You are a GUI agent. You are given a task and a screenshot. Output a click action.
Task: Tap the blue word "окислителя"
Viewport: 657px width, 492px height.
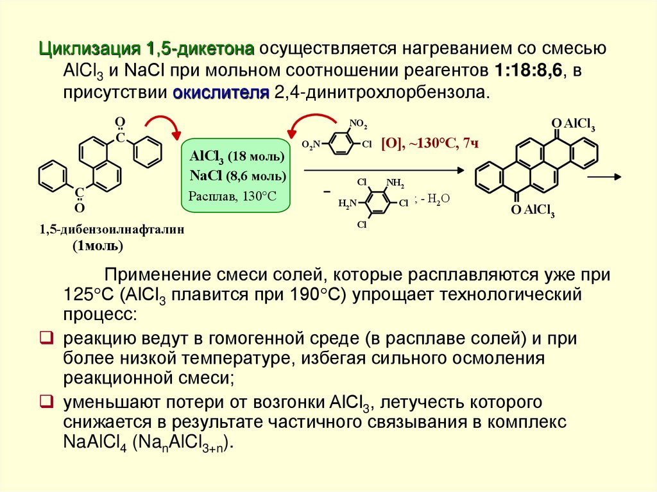[x=220, y=92]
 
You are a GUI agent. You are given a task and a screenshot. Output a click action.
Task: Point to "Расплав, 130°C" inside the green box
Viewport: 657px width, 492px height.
[x=232, y=196]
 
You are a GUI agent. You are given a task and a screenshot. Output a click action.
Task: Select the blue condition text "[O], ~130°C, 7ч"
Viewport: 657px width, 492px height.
[x=431, y=143]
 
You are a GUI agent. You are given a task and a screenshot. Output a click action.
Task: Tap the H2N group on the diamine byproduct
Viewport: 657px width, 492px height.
[x=347, y=204]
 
